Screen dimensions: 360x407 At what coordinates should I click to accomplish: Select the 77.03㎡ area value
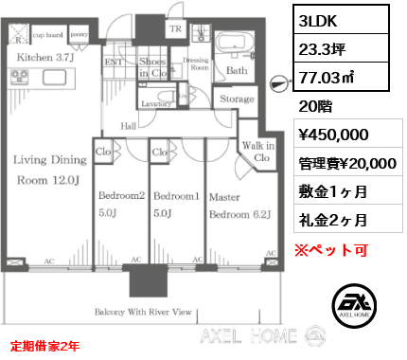pos(332,76)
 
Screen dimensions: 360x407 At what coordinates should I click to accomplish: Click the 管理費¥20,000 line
pos(347,163)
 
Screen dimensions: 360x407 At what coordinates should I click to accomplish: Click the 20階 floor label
pos(315,107)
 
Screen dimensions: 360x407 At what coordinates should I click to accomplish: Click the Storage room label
pos(237,99)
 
